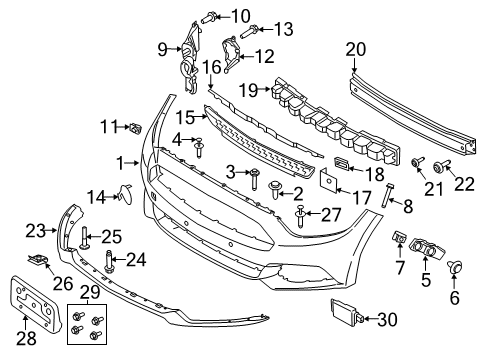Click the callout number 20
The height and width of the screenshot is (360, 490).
tap(356, 49)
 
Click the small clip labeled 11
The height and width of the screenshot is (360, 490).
tap(135, 128)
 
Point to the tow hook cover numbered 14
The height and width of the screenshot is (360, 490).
tap(124, 194)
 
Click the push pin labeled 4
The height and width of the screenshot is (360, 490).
tap(199, 147)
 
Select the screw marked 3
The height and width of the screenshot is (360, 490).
tap(254, 179)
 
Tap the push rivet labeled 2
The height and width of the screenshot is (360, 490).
tap(275, 189)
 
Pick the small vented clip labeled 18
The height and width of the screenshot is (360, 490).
tap(341, 163)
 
